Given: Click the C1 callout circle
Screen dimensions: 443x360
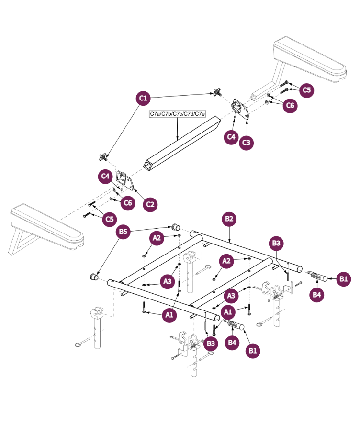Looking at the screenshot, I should point(143,99).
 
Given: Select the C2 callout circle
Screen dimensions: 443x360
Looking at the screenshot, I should point(151,204).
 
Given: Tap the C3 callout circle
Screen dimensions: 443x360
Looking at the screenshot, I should point(246,143).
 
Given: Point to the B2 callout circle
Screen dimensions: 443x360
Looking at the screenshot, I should point(229,219).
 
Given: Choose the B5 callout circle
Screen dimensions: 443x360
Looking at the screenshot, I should point(124,232).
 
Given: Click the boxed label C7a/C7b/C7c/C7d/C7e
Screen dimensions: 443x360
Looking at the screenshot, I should point(178,114).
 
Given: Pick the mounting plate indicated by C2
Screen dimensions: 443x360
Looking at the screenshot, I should point(125,182).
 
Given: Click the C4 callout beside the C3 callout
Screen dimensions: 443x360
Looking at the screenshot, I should point(232,137).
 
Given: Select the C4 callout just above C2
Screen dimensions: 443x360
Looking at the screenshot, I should point(106,177).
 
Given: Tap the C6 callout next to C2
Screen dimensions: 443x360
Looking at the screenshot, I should point(127,203).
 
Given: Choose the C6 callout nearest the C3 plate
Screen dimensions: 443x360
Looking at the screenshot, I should point(290,105).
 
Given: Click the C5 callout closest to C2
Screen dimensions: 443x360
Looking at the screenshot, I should point(110,219).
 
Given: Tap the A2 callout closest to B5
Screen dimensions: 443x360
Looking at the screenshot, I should point(157,237).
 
